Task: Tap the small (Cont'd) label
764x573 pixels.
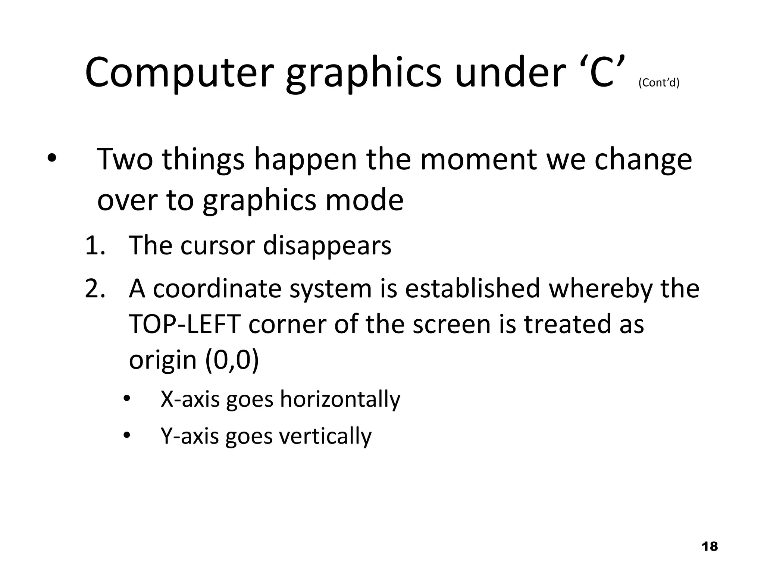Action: [x=659, y=82]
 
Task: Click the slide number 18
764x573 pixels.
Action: [x=710, y=547]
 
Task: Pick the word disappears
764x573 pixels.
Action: [x=327, y=246]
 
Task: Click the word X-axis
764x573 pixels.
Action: [x=190, y=399]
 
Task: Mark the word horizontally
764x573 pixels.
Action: [x=340, y=399]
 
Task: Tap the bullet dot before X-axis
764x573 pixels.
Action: [x=127, y=400]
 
